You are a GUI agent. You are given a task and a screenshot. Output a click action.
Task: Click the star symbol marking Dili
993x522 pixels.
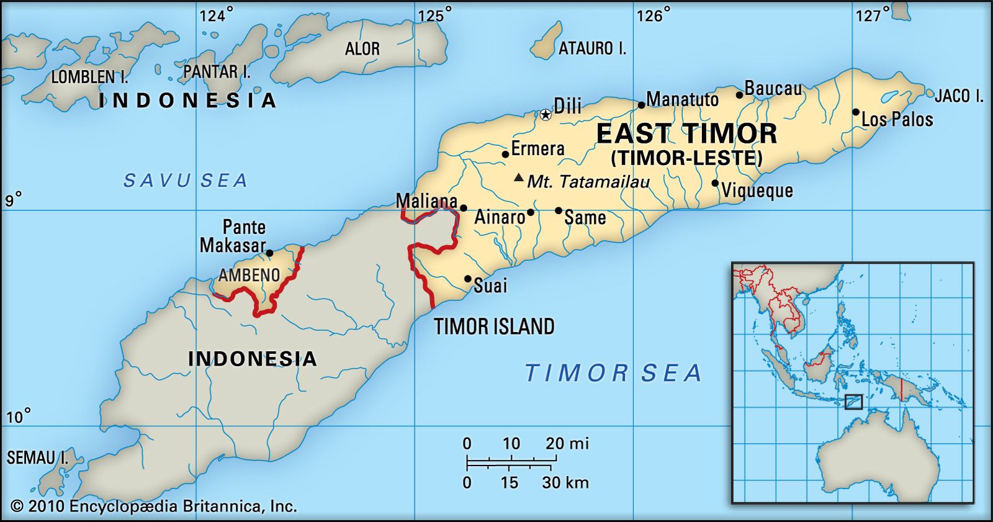[x=545, y=114]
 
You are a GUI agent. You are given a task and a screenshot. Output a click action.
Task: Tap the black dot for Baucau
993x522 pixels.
[x=739, y=95]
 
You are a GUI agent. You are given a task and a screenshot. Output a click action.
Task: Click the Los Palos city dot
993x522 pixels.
[x=855, y=112]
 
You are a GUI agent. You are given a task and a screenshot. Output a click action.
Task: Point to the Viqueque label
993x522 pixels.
[x=757, y=190]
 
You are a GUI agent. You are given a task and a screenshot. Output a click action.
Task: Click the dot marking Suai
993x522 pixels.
[x=468, y=279]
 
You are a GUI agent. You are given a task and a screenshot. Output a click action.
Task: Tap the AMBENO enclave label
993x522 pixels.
[x=249, y=274]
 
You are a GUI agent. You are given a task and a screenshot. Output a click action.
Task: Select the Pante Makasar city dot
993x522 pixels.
[x=269, y=253]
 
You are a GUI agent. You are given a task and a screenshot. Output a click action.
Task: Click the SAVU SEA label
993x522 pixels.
[x=185, y=181]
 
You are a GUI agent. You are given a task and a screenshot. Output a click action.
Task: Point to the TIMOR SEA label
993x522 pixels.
[x=613, y=373]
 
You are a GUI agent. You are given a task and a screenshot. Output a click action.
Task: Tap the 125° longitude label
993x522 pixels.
[x=434, y=15]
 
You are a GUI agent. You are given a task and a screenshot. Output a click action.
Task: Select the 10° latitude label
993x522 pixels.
[x=18, y=416]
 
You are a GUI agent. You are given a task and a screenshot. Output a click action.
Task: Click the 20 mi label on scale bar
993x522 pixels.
[x=567, y=443]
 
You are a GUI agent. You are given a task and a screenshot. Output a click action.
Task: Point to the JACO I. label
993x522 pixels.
[x=959, y=96]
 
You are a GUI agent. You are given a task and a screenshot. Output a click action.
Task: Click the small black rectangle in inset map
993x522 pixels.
[x=853, y=402]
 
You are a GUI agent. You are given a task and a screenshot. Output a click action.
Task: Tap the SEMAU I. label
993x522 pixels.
[x=38, y=458]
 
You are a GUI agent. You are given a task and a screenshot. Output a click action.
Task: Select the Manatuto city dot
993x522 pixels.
[x=641, y=105]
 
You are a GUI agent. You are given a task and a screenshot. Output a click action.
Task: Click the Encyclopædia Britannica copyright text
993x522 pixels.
[x=154, y=506]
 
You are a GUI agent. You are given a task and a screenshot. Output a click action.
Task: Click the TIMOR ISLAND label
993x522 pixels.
[x=494, y=326]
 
